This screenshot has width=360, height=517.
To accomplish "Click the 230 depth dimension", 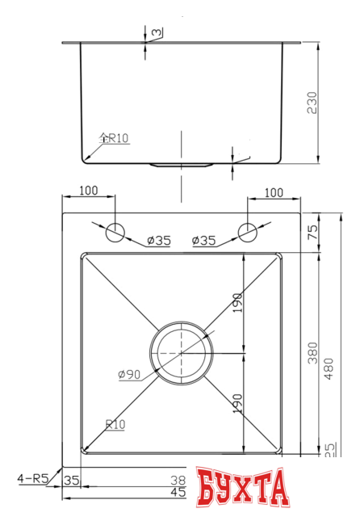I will pos(312,101).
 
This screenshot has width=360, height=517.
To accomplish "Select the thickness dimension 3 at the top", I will pos(155,32).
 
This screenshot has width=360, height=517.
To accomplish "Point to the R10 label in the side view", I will pos(114,138).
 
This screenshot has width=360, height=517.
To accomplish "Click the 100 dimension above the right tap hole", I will pos(274,192).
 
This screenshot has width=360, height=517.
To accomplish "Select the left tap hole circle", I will pos(115,231).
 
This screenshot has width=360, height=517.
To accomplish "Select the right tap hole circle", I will pos(247,231).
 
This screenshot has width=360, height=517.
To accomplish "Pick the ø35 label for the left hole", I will pos(158,240).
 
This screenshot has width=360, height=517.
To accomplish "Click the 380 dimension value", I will pos(312,353).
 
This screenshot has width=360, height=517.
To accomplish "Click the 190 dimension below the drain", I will pos(237,401).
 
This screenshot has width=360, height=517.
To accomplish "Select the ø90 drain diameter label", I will pos(130,374).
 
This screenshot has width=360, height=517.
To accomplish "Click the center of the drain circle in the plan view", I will pos(181,353).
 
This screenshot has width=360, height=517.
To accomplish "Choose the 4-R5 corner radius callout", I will pos(33,478).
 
